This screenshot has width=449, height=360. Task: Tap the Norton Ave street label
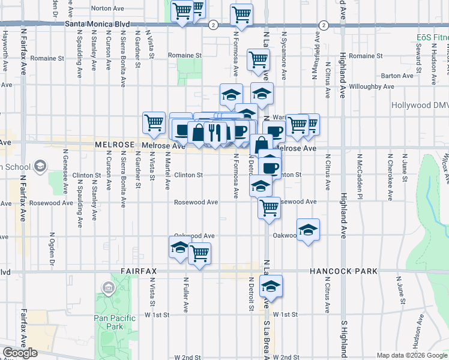coord(108,9)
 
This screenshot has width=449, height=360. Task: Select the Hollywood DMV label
coord(420,105)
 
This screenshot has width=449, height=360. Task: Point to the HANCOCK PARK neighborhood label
coord(344,271)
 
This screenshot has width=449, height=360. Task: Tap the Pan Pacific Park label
coord(108,322)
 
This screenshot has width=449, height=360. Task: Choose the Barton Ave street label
coord(397,76)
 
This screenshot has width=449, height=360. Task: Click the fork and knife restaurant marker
coord(214,132)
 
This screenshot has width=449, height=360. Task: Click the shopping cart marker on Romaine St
coord(258,59)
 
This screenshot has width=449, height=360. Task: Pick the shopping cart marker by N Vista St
coord(154,122)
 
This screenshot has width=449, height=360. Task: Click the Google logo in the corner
coord(20,353)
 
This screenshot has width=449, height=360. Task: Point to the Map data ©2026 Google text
coord(412,355)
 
